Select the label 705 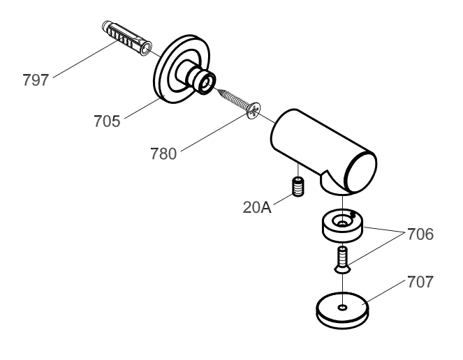[x=107, y=121]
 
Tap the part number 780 [x=163, y=153]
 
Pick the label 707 [x=420, y=283]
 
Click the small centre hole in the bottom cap [x=342, y=306]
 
